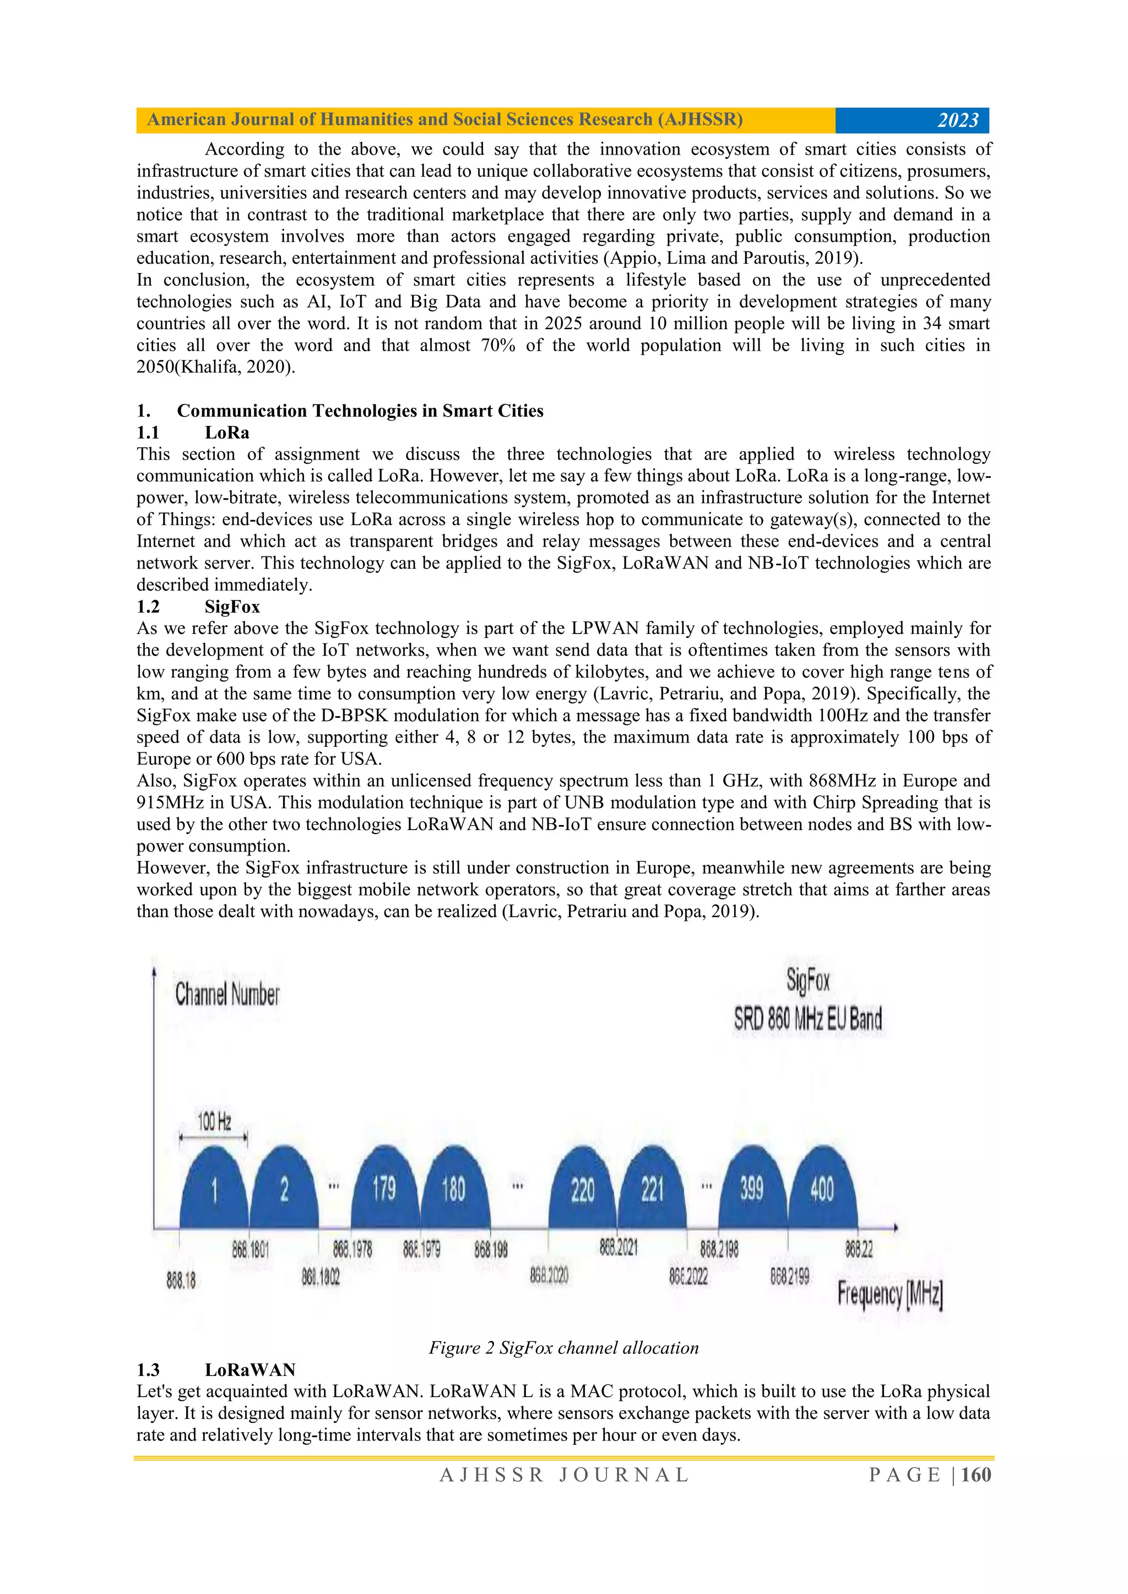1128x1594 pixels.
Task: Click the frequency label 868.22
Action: point(859,1249)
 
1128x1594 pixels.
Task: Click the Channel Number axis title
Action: point(227,994)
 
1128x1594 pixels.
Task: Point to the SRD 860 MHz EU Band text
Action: point(808,1019)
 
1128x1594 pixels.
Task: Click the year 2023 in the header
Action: point(958,120)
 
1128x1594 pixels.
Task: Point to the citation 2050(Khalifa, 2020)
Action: point(215,367)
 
